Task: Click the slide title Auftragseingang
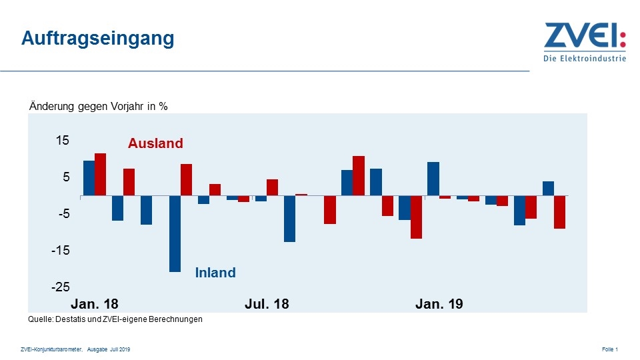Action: point(97,39)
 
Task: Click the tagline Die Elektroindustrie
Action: point(585,58)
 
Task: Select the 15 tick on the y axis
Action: point(63,141)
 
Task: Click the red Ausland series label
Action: point(155,143)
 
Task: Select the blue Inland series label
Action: point(215,273)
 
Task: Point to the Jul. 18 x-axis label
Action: point(267,304)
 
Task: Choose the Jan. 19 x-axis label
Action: point(439,304)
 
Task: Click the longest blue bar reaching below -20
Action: point(175,233)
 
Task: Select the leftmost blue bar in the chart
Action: point(89,179)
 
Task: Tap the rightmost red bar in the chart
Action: point(560,212)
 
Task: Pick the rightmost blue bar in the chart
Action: point(548,189)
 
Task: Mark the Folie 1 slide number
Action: point(610,349)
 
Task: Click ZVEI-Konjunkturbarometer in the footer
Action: point(52,349)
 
